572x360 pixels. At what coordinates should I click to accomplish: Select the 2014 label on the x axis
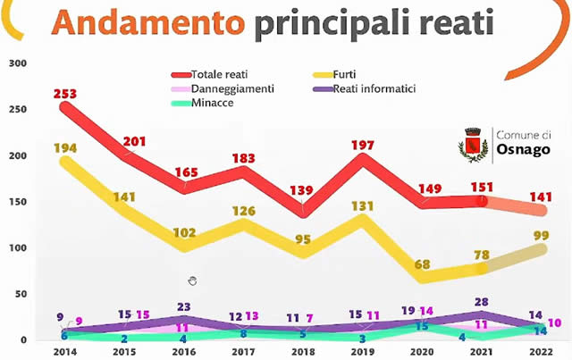(x=65, y=352)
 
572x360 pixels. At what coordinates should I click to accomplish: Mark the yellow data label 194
(x=65, y=147)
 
